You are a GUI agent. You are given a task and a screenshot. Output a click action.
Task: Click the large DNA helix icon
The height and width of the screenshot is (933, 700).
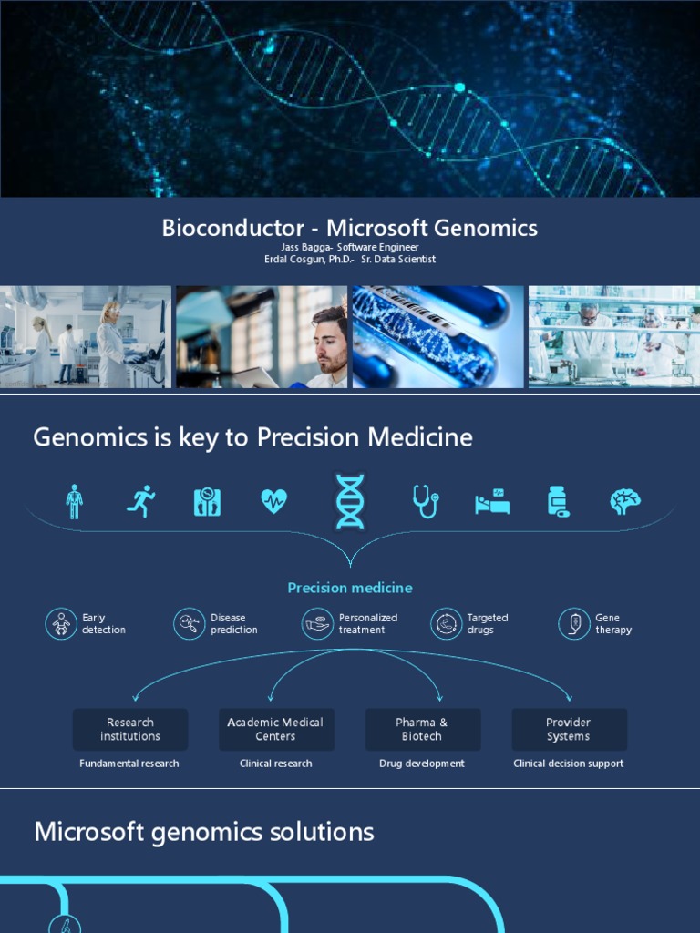tap(350, 501)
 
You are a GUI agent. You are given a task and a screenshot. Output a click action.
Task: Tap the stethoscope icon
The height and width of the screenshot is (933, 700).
tap(426, 500)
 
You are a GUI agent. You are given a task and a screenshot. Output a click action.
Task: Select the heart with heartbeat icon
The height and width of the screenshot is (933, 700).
tap(273, 501)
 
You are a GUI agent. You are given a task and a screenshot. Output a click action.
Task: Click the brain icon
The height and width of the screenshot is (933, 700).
tap(625, 501)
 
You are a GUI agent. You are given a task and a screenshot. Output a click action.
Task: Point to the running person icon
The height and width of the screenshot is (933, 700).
tap(140, 501)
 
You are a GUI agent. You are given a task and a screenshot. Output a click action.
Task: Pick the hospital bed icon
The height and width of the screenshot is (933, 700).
tap(492, 501)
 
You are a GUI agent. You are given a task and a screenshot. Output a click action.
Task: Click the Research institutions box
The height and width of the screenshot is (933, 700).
tap(130, 729)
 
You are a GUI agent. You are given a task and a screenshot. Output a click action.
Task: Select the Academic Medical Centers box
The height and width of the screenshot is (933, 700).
tap(276, 729)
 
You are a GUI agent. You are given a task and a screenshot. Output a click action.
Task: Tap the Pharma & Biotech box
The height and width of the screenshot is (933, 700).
tap(422, 729)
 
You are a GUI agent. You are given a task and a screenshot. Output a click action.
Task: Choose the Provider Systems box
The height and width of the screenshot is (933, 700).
tap(569, 729)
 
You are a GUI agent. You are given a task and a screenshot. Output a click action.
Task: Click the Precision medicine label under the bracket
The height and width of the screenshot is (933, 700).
tap(350, 588)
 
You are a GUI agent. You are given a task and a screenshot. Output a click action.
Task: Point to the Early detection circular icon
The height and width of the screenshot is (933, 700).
tap(61, 624)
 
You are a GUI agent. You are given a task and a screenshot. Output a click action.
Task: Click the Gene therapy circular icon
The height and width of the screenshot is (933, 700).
tap(574, 624)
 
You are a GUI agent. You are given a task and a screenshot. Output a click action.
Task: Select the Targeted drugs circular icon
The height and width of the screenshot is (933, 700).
tap(447, 624)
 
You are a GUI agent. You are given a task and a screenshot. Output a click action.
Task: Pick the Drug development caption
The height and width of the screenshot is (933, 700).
tap(422, 764)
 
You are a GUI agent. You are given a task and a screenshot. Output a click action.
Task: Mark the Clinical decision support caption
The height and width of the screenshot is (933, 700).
tap(569, 764)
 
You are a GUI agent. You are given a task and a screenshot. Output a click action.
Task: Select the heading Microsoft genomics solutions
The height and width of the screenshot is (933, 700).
tap(204, 832)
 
